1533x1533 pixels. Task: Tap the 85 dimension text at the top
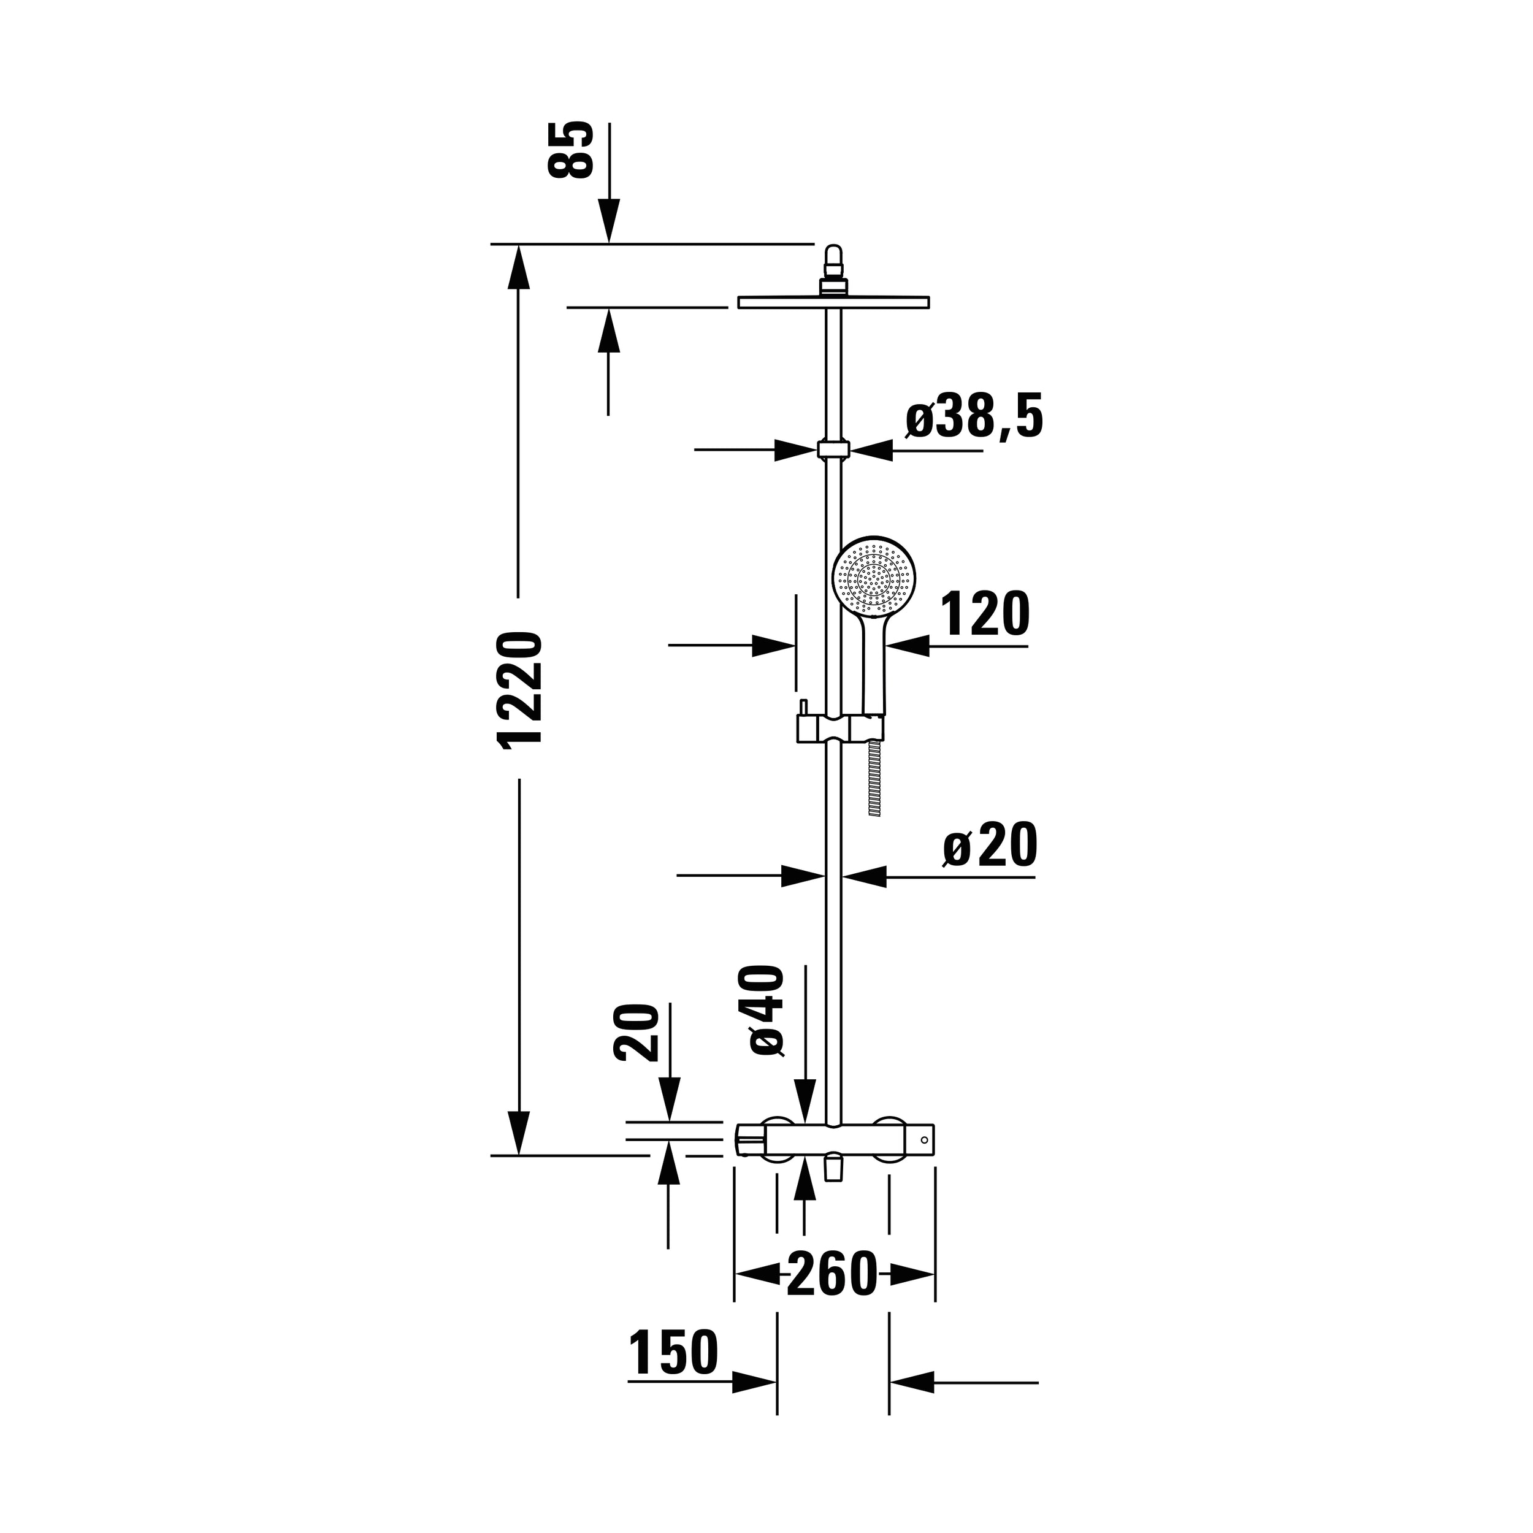570,150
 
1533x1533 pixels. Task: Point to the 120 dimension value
985,613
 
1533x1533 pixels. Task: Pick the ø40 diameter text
766,1010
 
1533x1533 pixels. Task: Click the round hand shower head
874,577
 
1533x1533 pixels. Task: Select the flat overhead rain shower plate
833,302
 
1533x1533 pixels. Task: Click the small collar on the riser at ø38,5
832,450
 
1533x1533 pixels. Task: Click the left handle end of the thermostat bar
751,1139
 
